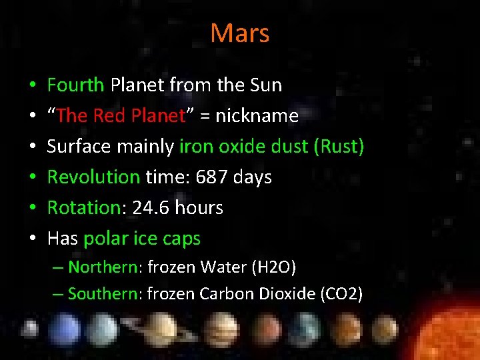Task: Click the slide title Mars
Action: (x=240, y=33)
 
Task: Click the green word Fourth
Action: (x=75, y=85)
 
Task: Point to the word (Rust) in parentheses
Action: (x=338, y=147)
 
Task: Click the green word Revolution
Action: (x=93, y=177)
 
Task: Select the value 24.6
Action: (x=149, y=208)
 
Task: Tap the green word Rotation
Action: (x=83, y=208)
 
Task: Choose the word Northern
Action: (x=102, y=268)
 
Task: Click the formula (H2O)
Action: (x=273, y=268)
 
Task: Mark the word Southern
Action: (x=102, y=294)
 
